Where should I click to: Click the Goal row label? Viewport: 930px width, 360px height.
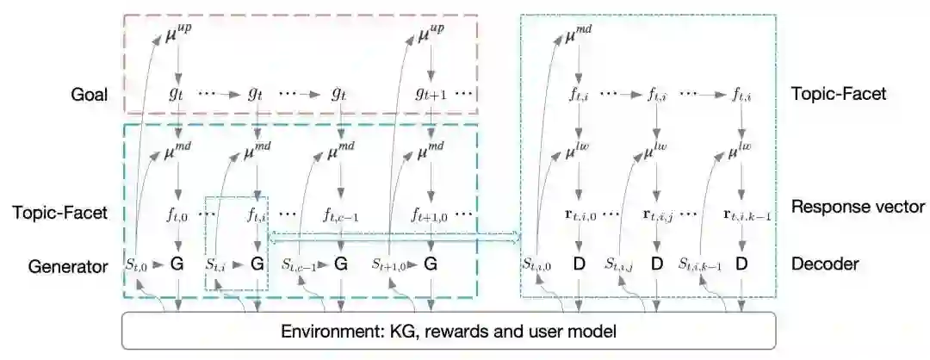tap(90, 94)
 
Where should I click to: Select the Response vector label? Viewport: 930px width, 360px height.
tap(858, 207)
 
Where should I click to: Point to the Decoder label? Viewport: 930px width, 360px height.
tap(824, 264)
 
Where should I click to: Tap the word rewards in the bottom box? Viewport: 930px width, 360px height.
tap(451, 330)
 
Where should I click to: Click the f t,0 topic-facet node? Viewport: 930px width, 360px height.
tap(178, 212)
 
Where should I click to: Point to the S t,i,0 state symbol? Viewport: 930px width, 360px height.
tap(540, 265)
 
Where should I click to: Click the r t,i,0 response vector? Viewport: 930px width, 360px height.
tap(580, 212)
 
